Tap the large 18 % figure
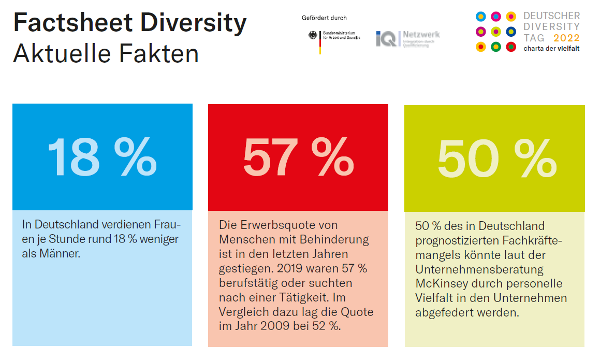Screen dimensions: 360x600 [102, 156]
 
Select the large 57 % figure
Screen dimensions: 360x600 [298, 156]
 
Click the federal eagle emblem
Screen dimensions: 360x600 [313, 36]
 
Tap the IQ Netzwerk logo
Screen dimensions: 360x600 [407, 38]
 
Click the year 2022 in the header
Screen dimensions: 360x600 [566, 38]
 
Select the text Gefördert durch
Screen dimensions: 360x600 [324, 18]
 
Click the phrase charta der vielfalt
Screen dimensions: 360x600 [551, 49]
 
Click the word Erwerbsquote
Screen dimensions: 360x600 [274, 225]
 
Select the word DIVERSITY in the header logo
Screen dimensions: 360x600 [551, 26]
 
